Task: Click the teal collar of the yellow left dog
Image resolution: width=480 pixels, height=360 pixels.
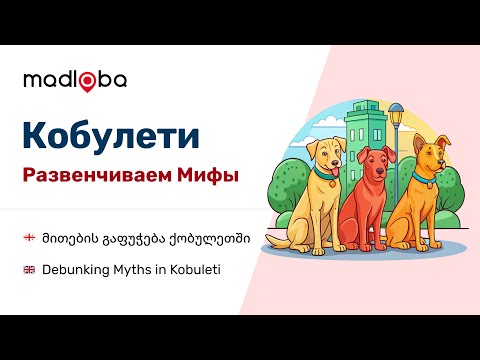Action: click(x=326, y=180)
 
